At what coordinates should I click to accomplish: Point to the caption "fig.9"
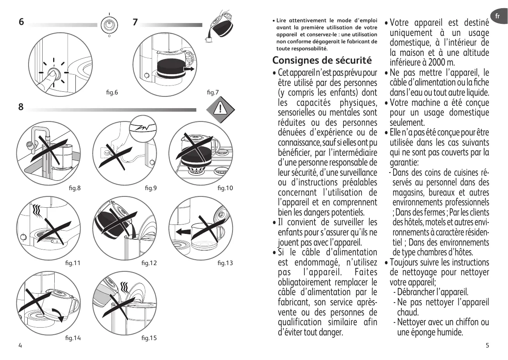[150, 188]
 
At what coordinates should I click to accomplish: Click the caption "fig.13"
[225, 263]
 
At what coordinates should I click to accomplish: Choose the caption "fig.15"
[149, 338]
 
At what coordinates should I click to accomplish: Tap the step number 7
[135, 22]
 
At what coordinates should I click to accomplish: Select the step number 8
[21, 107]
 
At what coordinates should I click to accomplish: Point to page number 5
[487, 345]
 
